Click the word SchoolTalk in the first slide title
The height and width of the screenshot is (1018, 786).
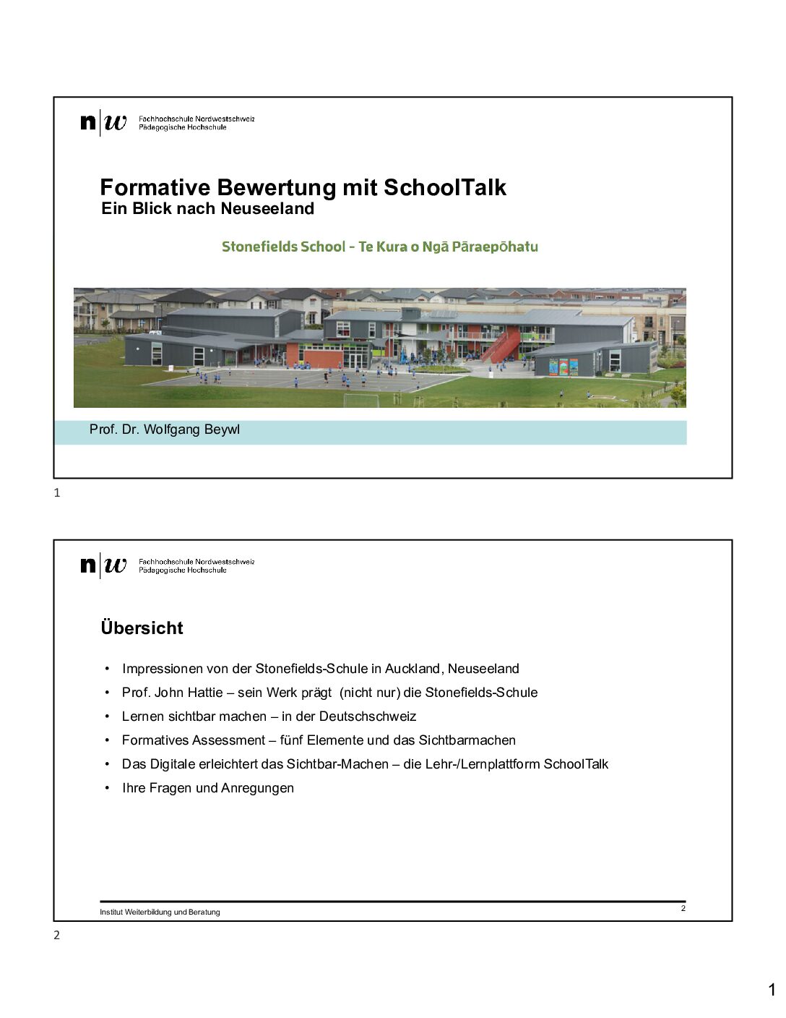click(444, 187)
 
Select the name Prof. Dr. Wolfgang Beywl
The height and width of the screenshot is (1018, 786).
click(165, 429)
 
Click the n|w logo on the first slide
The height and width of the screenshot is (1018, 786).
click(103, 122)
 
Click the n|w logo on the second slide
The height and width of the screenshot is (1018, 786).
click(103, 565)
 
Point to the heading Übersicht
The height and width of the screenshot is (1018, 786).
click(142, 628)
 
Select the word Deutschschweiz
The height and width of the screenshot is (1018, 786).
click(368, 717)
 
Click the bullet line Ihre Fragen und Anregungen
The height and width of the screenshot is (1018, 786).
click(208, 788)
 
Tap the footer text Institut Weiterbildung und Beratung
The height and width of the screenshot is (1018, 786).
click(160, 912)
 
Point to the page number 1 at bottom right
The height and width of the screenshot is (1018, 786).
click(772, 990)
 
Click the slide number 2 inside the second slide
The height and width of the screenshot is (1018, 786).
click(683, 908)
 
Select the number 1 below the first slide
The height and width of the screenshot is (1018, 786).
click(57, 493)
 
